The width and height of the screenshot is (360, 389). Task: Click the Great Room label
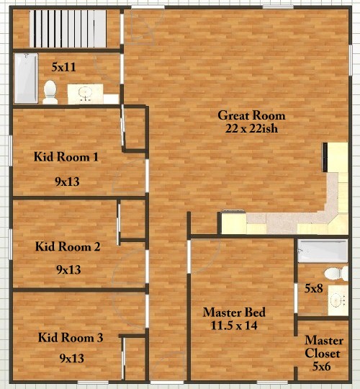point(251,115)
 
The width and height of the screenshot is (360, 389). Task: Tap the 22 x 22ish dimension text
point(251,128)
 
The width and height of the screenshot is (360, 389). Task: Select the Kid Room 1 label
point(66,157)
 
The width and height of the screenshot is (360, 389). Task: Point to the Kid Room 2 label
point(68,246)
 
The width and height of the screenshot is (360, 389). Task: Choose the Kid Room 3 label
point(71,338)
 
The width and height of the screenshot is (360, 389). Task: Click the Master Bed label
point(234,312)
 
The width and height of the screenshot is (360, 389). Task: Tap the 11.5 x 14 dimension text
point(234,325)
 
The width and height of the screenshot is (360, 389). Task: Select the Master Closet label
point(323,346)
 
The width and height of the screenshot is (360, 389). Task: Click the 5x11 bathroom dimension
point(63,67)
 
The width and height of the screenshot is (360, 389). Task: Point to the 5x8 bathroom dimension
point(314,288)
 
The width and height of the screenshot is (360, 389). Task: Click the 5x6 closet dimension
point(322,366)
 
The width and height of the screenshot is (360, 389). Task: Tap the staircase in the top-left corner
point(68,29)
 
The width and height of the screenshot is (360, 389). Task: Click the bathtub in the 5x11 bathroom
point(26,78)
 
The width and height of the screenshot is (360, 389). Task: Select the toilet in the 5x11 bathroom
point(50,92)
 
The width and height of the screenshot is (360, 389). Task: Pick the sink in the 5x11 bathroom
point(85,94)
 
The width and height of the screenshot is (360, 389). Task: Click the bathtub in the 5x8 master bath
point(323,251)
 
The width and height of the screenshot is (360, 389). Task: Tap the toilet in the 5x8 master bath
point(336,274)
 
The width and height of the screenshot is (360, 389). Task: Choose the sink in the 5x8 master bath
point(338,300)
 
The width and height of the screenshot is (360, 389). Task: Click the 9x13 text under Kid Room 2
point(68,269)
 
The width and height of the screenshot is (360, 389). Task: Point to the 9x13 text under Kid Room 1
point(67,182)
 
